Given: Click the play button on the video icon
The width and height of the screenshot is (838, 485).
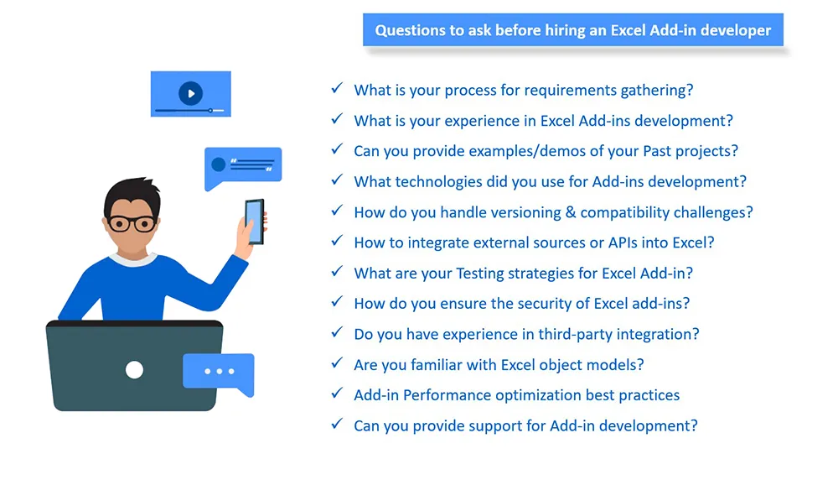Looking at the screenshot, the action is click(x=190, y=93).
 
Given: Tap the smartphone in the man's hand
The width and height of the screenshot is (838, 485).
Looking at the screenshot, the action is click(x=255, y=222).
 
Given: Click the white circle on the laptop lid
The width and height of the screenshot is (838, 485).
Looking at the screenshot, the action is click(x=134, y=370).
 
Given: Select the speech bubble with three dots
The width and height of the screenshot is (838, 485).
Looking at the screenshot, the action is click(x=219, y=374).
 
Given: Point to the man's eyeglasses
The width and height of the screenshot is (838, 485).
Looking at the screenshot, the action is click(x=132, y=222).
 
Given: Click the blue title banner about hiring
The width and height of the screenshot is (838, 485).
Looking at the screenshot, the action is click(x=573, y=30).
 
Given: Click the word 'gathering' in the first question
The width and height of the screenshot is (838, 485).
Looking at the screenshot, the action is click(x=656, y=91).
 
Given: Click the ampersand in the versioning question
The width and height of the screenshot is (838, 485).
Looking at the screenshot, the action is click(x=570, y=212).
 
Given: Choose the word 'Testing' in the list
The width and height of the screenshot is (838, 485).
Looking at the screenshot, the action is click(x=480, y=274).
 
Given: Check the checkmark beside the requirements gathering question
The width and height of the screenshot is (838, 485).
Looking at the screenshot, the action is click(x=337, y=88).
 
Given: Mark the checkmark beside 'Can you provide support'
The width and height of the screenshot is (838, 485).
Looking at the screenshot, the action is click(x=337, y=424).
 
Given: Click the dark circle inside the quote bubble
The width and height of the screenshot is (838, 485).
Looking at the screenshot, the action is click(x=218, y=164).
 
